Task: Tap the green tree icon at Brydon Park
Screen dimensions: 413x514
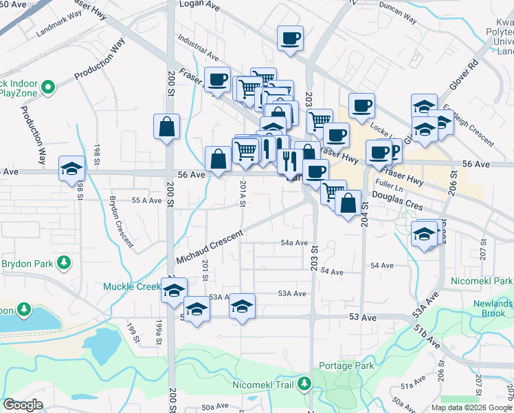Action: click(x=64, y=263)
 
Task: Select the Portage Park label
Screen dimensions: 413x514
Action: click(x=346, y=366)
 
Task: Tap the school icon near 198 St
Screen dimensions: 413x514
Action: click(x=71, y=169)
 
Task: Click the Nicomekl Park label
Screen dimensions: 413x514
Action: click(x=482, y=282)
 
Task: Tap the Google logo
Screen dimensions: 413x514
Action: click(x=23, y=404)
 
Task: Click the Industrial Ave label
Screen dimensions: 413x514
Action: click(x=197, y=47)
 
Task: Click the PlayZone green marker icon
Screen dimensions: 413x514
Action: click(x=47, y=87)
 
